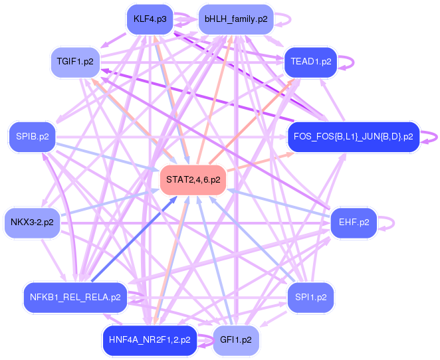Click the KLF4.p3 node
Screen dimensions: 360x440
coord(149,19)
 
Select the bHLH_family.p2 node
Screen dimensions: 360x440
coord(236,19)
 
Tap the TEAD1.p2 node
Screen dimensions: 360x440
coord(310,62)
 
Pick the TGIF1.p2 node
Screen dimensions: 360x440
coord(75,62)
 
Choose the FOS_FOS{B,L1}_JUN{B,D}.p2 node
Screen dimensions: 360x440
coord(353,137)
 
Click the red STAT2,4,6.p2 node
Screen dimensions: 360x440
coord(193,179)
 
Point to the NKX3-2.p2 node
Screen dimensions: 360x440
coord(32,223)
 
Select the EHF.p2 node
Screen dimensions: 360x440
coord(354,222)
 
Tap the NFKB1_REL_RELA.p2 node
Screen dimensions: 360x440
coord(75,297)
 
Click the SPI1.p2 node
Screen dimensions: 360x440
coord(310,297)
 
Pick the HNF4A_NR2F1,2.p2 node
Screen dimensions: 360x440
coord(149,339)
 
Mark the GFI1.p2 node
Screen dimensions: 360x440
coord(235,339)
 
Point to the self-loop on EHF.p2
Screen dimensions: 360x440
coord(388,222)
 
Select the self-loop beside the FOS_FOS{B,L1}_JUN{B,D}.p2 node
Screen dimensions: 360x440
coord(430,137)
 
